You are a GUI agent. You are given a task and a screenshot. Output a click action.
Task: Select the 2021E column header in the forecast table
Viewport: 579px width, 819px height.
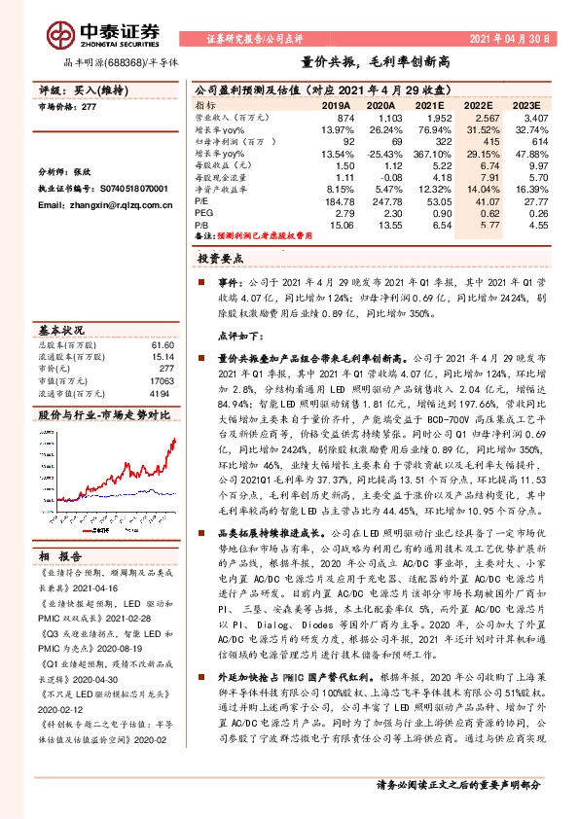point(428,105)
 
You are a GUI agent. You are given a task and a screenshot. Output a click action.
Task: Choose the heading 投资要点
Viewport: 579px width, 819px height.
point(219,259)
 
